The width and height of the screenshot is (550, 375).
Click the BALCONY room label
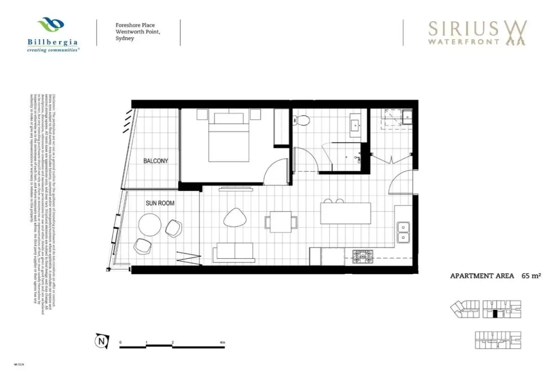coord(156,161)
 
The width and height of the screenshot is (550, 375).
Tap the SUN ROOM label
coord(160,203)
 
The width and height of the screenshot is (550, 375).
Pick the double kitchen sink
coord(403,233)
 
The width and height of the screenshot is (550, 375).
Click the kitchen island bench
coord(346,213)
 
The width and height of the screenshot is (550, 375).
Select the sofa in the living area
coord(235,253)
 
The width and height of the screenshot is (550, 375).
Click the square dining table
coord(281,221)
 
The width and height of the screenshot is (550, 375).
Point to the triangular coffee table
coord(236,217)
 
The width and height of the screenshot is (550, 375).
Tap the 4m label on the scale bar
coord(223,343)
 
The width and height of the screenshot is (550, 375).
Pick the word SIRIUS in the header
coord(463,29)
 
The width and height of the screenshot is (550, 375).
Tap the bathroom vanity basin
coord(356,124)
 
